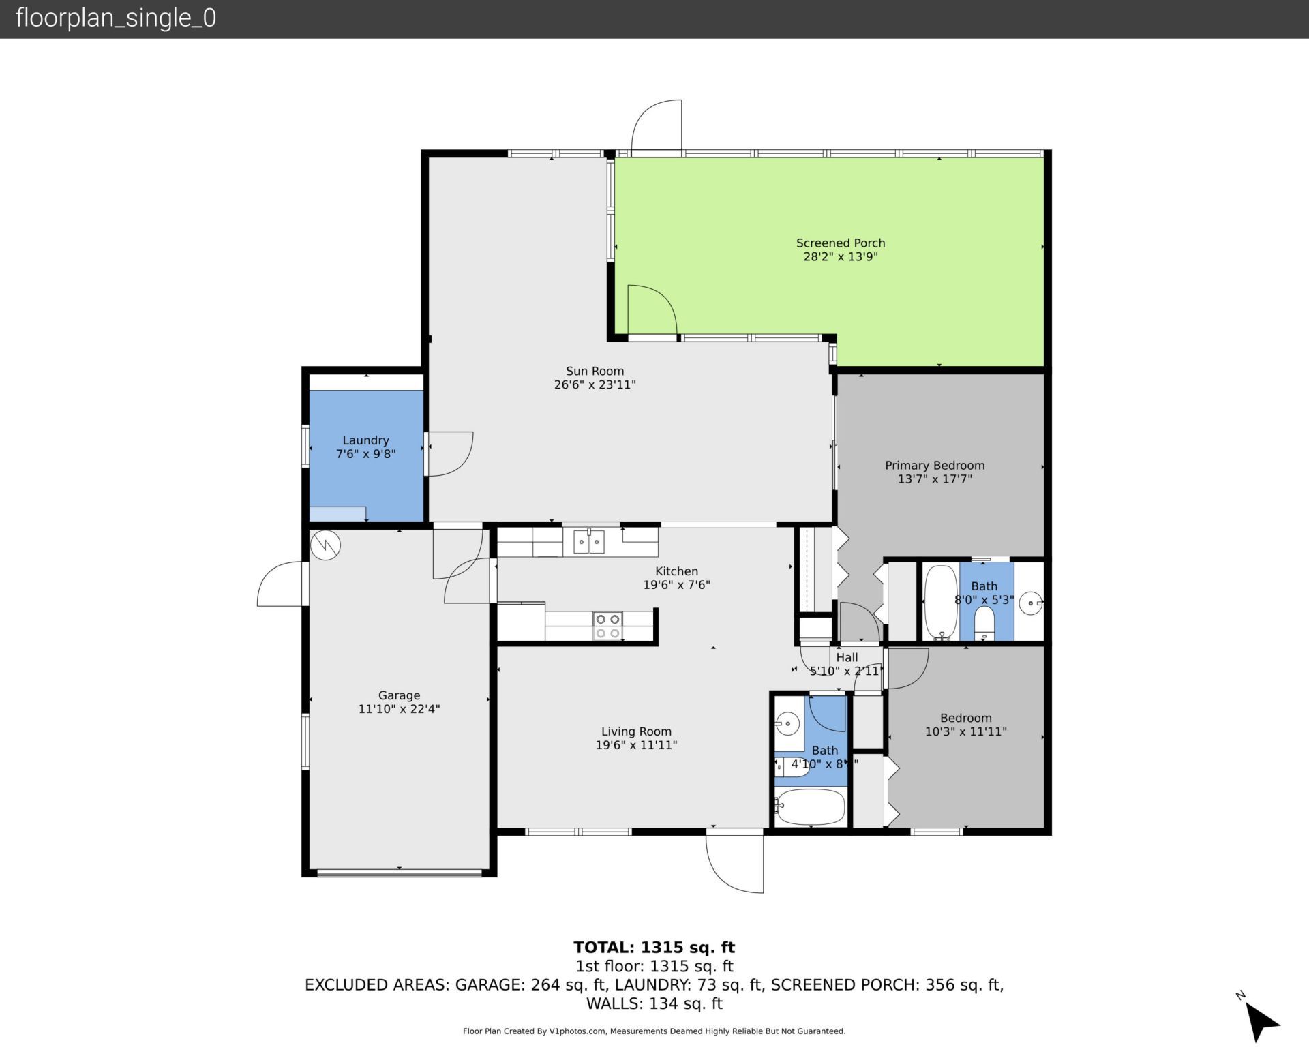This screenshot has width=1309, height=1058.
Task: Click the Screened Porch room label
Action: (840, 243)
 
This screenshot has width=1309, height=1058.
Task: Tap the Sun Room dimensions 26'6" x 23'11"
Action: (595, 384)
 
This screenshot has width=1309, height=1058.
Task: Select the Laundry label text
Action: (365, 440)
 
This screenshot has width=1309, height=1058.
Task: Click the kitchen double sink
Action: (588, 543)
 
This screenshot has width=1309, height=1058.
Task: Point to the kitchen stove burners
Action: (607, 626)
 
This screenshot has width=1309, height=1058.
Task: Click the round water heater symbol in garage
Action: (325, 545)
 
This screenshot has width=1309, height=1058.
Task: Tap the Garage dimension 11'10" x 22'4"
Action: (399, 709)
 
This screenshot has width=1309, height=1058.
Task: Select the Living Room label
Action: (635, 731)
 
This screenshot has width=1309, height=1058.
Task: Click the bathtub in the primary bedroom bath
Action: (941, 602)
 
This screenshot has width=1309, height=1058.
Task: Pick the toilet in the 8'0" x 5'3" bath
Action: (984, 622)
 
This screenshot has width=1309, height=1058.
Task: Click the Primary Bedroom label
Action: (935, 465)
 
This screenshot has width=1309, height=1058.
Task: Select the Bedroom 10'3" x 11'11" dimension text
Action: (965, 731)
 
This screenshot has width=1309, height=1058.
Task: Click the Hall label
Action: (847, 657)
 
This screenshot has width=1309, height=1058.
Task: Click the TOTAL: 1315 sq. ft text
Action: (654, 947)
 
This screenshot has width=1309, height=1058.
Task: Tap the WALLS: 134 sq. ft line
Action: (654, 1003)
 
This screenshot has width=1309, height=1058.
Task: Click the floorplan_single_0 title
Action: (116, 18)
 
